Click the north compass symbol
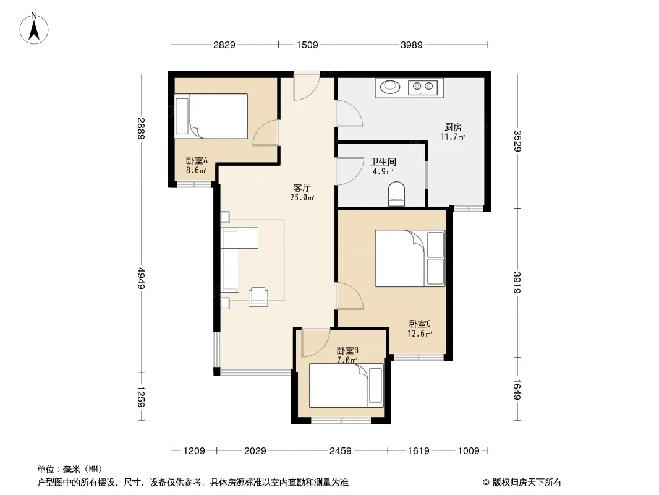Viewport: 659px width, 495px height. coord(34,28)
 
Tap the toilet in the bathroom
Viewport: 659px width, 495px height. coord(397,194)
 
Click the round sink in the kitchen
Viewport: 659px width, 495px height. coord(391,87)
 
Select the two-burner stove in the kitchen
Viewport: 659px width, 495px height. coord(423,87)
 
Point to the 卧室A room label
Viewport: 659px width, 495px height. coord(197,160)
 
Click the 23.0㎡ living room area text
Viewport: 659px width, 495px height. coord(302,197)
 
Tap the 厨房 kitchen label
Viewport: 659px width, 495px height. coord(453,127)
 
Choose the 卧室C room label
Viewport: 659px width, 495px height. coord(420,324)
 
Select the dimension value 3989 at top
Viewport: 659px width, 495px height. coord(412,45)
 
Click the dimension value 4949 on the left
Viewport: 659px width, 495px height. coord(141,278)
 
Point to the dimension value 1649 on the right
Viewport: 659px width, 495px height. coord(517,389)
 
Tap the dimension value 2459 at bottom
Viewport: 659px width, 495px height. coord(341,451)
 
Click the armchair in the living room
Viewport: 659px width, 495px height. coord(258,296)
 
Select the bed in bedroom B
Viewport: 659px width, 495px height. coord(346,385)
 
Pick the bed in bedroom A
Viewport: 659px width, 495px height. coord(211,116)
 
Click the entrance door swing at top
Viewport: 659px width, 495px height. coord(307,87)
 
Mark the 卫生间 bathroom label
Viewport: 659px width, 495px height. coord(383,161)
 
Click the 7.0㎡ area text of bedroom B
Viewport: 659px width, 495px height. coord(347,360)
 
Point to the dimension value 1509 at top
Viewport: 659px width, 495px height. coord(307,45)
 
